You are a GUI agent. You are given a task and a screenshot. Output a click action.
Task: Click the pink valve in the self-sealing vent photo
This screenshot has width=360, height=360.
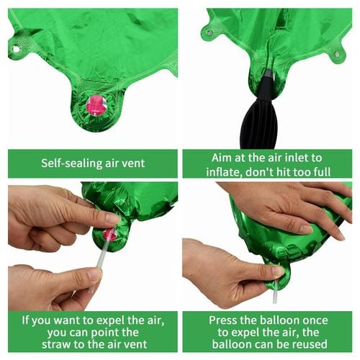point(96,105)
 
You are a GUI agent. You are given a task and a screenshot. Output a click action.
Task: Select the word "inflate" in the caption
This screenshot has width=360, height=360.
point(220,172)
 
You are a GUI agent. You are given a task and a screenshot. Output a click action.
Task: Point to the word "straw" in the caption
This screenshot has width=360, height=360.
point(55,344)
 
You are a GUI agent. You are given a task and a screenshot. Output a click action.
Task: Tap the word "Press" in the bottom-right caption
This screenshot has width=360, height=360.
point(221,320)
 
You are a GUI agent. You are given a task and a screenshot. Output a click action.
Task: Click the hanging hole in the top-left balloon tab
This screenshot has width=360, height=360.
point(16,49)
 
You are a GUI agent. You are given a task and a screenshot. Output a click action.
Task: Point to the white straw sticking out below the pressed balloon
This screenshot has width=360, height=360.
point(276,293)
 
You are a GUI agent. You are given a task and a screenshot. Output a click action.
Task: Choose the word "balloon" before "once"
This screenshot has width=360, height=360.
point(280,320)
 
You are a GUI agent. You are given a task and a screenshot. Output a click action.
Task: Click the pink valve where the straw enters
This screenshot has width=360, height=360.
point(109,234)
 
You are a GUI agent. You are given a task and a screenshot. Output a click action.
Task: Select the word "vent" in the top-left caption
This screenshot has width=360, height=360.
point(134,164)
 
